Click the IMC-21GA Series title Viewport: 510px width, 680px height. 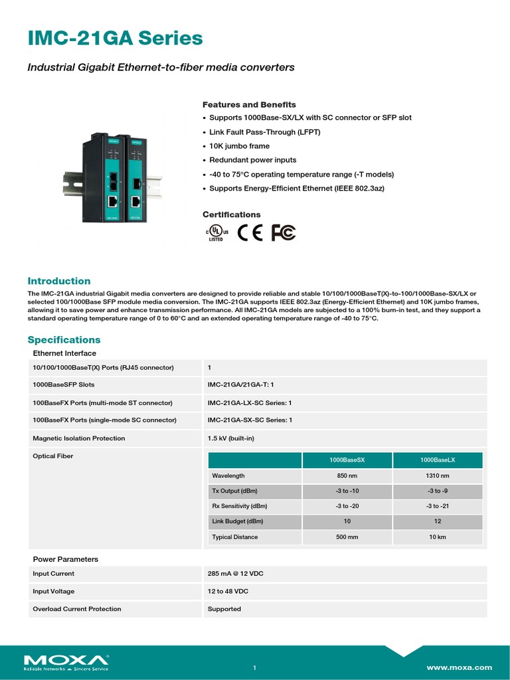point(115,39)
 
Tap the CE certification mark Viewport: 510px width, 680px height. point(250,232)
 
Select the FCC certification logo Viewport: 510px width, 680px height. point(284,232)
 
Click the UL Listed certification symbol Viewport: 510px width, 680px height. point(216,232)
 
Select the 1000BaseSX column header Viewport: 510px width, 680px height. point(347,460)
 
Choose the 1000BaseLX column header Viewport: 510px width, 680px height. point(438,460)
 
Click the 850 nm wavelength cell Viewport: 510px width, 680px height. point(347,475)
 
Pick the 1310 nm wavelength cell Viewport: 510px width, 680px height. point(438,475)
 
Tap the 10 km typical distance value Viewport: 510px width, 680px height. point(438,537)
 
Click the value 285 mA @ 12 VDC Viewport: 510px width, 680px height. point(236,574)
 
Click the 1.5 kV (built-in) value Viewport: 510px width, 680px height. point(230,438)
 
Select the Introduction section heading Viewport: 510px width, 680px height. point(58,281)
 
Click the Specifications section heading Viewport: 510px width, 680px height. point(64,339)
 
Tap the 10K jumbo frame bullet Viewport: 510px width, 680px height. point(239,146)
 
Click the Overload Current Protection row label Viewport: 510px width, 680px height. point(77,609)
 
